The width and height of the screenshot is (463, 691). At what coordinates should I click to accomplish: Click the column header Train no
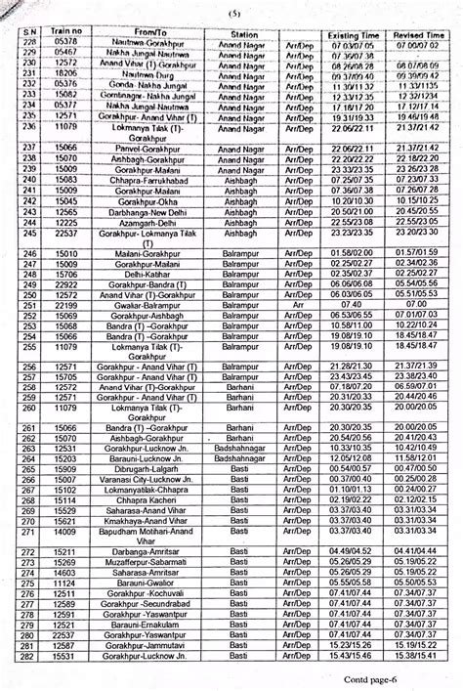(x=65, y=33)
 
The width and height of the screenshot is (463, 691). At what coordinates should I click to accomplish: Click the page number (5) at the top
(x=233, y=13)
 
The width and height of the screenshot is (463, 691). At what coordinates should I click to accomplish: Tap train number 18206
(x=65, y=72)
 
